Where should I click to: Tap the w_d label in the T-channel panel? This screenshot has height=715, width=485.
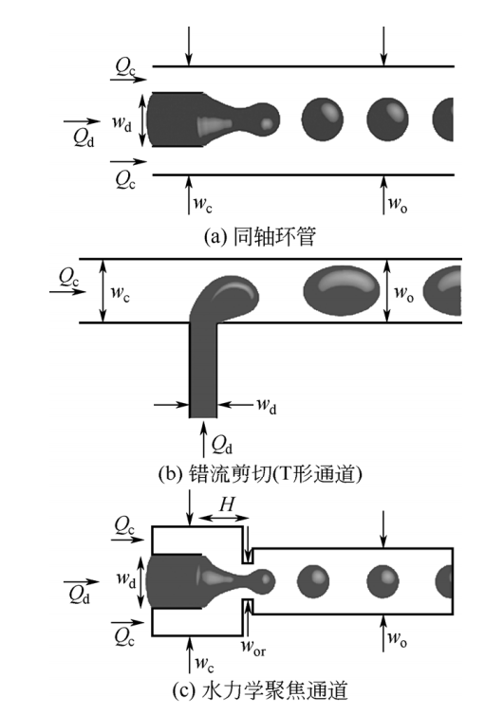(x=266, y=405)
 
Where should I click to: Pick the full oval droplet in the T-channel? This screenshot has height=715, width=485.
(x=342, y=289)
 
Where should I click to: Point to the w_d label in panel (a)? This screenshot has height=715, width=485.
(x=122, y=120)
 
